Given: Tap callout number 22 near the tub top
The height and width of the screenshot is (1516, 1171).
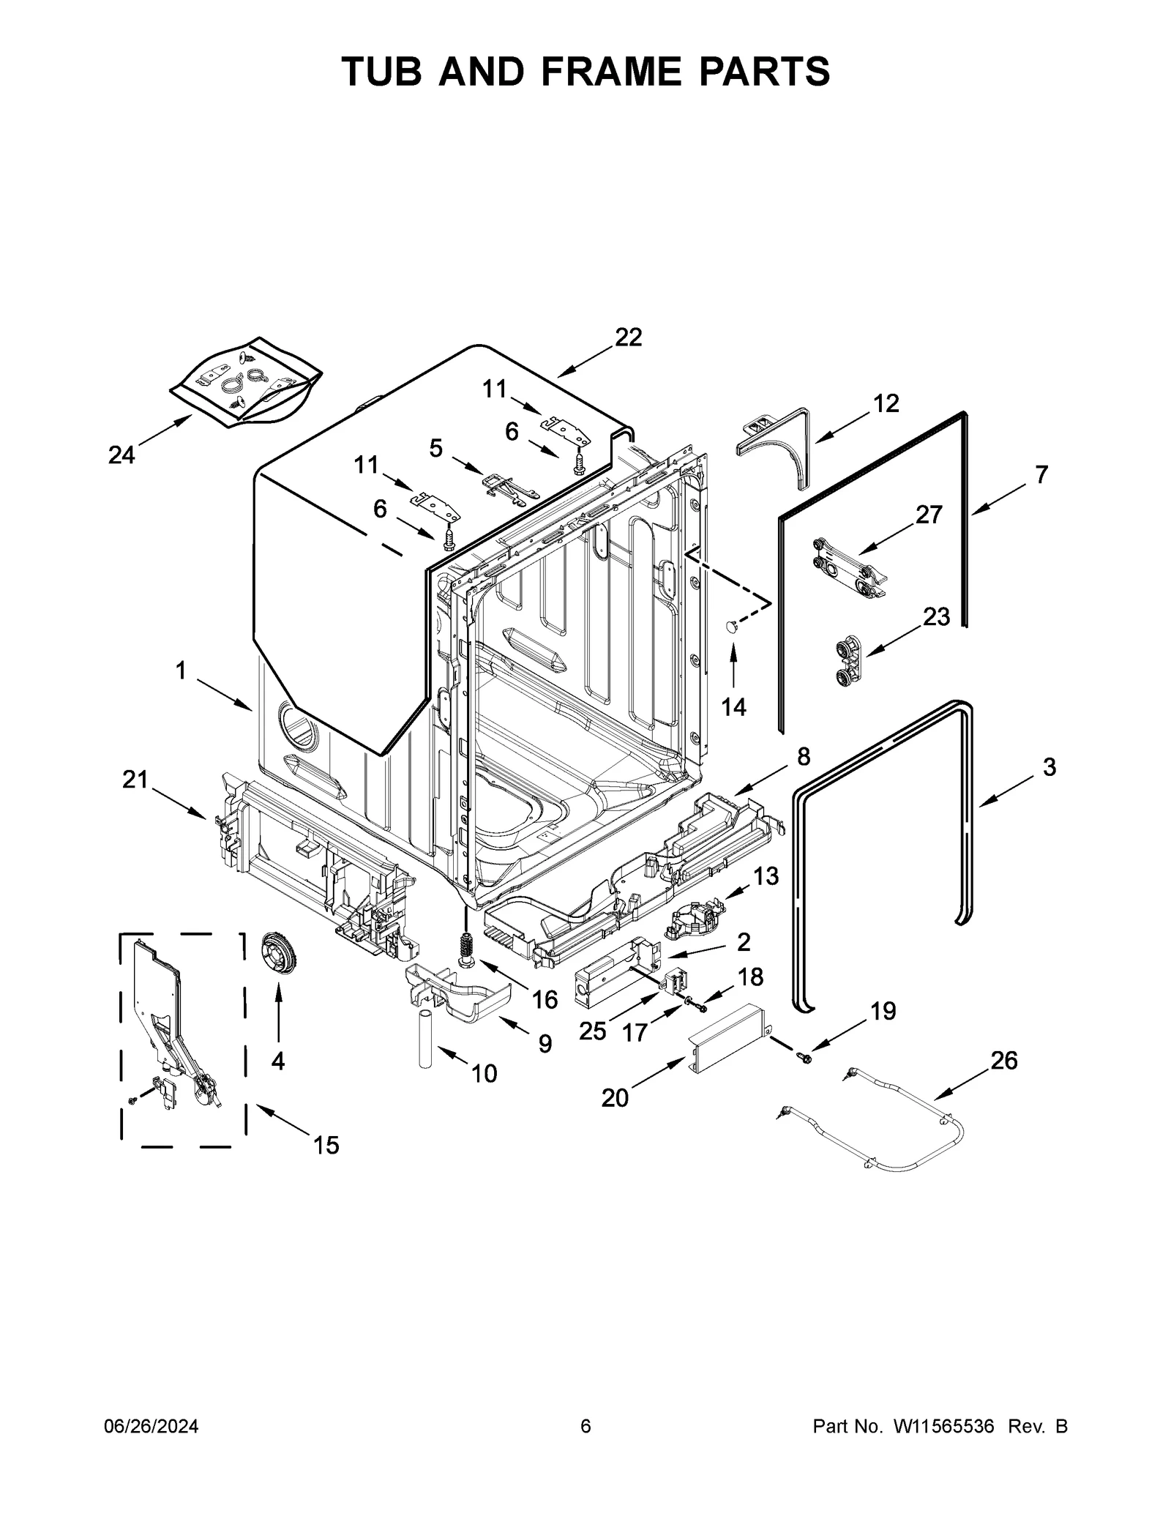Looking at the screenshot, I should coord(628,337).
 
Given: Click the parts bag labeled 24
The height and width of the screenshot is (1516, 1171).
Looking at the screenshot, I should coord(245,381).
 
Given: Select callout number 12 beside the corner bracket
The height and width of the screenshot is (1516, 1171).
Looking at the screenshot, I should coord(886,403).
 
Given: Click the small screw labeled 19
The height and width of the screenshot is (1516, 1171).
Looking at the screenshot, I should coord(807,1058).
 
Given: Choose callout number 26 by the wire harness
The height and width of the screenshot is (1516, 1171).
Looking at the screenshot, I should coord(1004,1060).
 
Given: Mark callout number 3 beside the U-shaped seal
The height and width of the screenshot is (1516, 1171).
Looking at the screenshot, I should coord(1050,767).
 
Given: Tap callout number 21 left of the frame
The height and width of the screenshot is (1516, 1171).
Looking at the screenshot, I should coord(135,780).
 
